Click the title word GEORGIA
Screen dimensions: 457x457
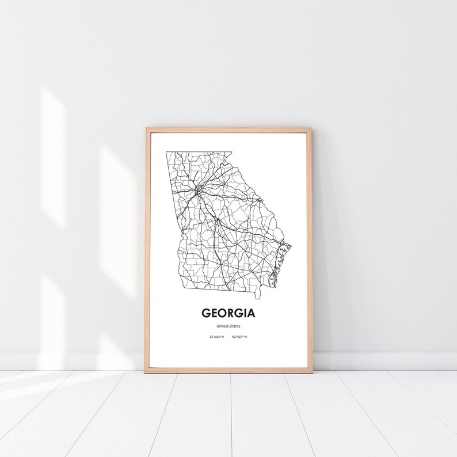228,314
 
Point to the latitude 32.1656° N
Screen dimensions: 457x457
216,337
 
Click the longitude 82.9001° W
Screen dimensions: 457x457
239,337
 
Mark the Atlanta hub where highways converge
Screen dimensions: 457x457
197,188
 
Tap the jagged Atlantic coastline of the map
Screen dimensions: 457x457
282,259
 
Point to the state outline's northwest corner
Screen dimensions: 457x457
167,153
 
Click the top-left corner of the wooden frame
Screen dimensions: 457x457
147,130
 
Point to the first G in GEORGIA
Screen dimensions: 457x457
206,314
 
